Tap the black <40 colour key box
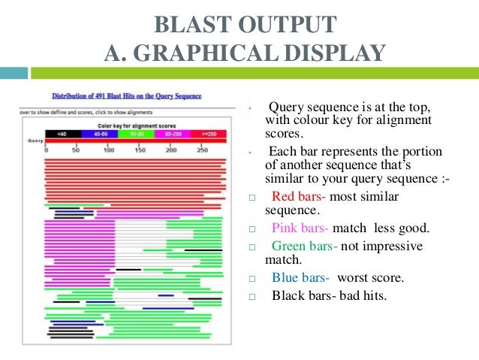[62, 133]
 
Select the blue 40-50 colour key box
[100, 133]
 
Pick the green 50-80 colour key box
[137, 133]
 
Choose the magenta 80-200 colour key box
[172, 133]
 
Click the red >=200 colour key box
[207, 133]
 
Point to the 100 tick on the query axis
[109, 150]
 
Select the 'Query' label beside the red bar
[34, 141]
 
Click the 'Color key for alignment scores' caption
[127, 125]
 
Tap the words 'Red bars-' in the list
[299, 197]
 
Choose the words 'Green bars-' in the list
[304, 247]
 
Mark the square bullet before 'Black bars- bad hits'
[252, 296]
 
